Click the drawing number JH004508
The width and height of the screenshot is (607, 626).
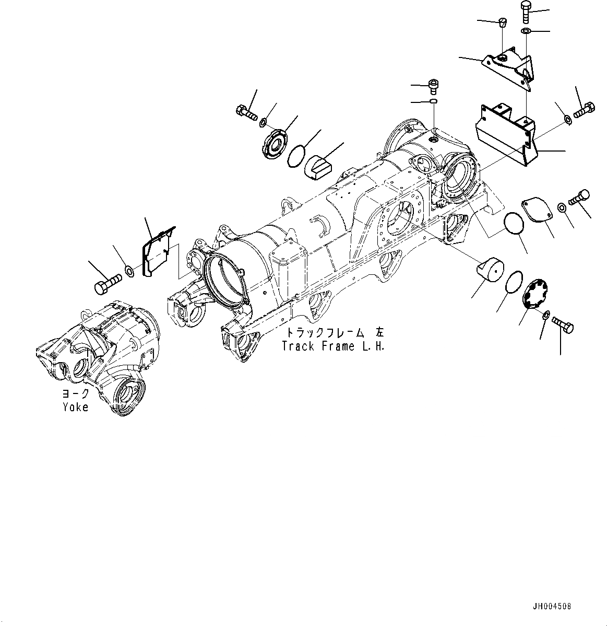pyautogui.click(x=552, y=607)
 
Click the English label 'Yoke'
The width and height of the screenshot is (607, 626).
pyautogui.click(x=76, y=407)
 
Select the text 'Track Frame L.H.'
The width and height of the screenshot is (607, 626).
pyautogui.click(x=333, y=346)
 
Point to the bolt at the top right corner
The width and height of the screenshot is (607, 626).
pyautogui.click(x=525, y=11)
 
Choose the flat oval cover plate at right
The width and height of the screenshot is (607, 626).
pyautogui.click(x=538, y=209)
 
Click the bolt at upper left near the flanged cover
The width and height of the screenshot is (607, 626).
pyautogui.click(x=245, y=111)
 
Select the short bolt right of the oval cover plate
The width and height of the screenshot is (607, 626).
pyautogui.click(x=580, y=198)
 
